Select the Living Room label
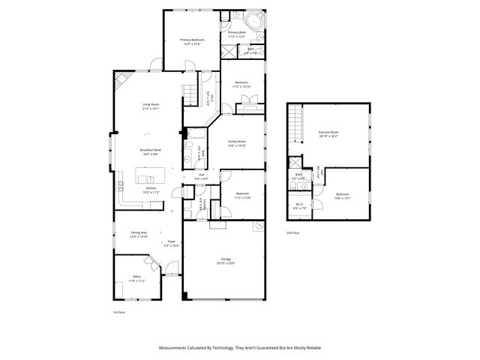tap(151, 105)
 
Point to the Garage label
tap(226, 259)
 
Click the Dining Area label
tap(139, 233)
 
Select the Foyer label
tap(171, 241)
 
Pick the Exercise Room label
tap(328, 132)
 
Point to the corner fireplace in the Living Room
tap(121, 79)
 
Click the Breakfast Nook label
tap(149, 150)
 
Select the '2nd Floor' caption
tap(293, 233)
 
